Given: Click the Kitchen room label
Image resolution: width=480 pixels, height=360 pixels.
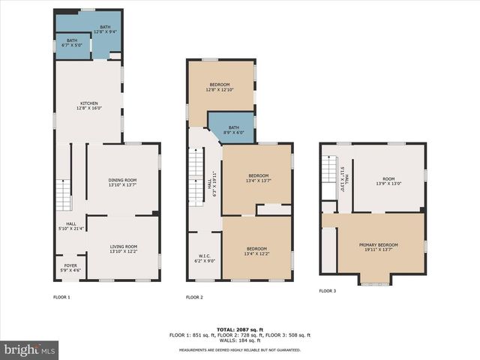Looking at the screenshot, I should coord(88,106).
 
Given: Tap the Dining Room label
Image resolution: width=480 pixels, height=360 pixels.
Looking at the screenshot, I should coord(122,182).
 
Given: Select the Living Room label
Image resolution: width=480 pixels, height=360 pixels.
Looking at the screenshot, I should coord(123,249).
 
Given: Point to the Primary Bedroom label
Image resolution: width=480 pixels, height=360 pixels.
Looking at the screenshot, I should coord(378,247).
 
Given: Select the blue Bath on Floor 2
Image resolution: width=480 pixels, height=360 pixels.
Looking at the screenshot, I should coord(233,130).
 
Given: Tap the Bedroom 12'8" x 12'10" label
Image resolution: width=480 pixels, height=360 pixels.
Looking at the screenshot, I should coord(220,87).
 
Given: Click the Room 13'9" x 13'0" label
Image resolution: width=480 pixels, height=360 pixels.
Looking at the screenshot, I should coord(388,181).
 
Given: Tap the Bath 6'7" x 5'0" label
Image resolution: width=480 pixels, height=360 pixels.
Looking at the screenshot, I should coord(72,43).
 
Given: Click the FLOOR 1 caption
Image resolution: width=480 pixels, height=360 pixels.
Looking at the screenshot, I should coord(61,298).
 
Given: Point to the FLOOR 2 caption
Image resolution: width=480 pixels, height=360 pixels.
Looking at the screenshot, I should coord(195,298).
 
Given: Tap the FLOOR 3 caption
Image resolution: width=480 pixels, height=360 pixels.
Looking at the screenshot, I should coord(328,290).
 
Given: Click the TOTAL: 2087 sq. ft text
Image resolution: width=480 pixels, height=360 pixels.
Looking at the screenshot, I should coord(239,329).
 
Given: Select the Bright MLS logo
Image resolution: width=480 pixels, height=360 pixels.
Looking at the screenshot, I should coord(30,349).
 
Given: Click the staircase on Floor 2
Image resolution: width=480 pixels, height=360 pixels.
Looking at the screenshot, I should coord(196,175).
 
